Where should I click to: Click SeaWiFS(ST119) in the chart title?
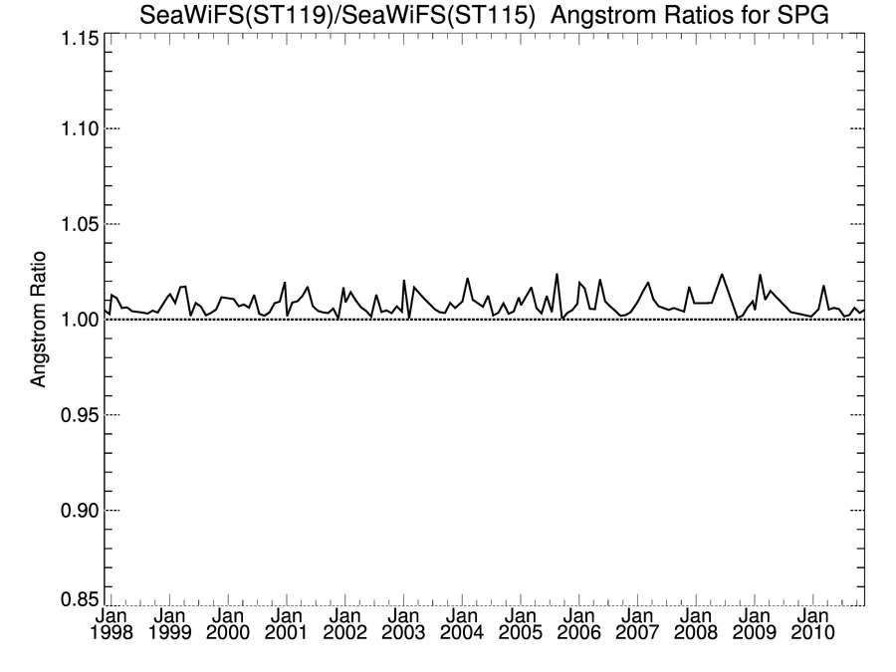[230, 14]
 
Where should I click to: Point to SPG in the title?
[802, 14]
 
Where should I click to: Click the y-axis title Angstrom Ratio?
[41, 320]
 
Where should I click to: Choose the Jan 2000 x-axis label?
[228, 623]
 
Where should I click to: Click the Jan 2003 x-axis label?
[403, 623]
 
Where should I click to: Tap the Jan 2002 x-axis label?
[344, 623]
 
